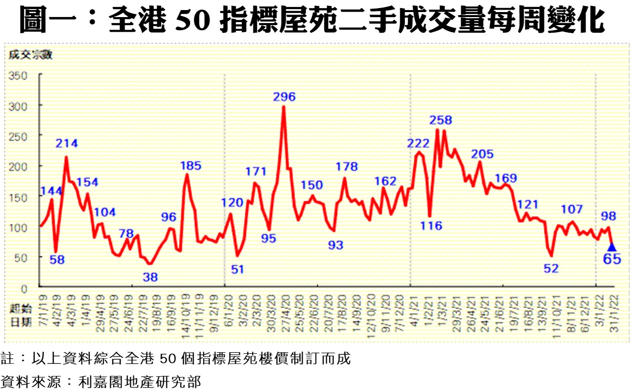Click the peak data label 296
pos(284,96)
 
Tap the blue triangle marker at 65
pos(612,247)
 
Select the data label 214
pos(67,143)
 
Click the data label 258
pos(441,120)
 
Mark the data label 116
pos(430,226)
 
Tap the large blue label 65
pos(612,259)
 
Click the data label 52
pos(551,269)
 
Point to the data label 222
pos(419,143)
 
